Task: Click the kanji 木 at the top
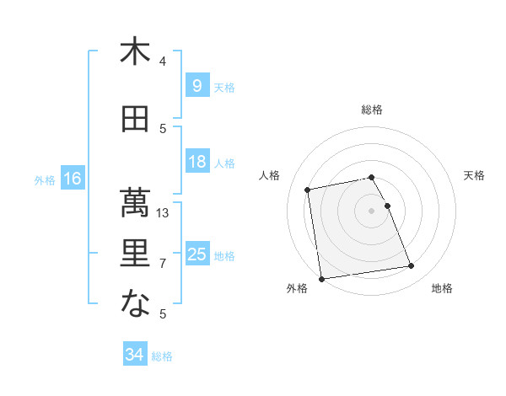tap(135, 51)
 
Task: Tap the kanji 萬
tap(135, 201)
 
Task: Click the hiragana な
tap(135, 303)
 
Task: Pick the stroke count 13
tap(164, 213)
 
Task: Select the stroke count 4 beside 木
tap(164, 62)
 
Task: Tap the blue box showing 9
tap(196, 86)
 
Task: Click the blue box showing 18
tap(196, 162)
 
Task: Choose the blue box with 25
tap(196, 254)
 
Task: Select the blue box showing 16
tap(72, 179)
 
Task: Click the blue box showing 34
tap(134, 355)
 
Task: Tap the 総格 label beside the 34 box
tap(162, 356)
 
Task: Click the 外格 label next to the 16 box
tap(44, 179)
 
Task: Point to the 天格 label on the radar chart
tap(475, 175)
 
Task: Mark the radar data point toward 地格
tap(411, 267)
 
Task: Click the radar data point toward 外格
tap(321, 278)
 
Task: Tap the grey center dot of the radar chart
tap(371, 210)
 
